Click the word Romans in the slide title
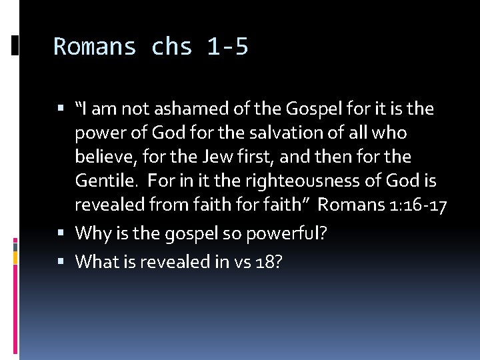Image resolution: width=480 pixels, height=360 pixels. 95,47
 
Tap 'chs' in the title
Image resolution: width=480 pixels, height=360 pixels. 172,47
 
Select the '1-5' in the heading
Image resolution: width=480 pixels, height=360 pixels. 227,47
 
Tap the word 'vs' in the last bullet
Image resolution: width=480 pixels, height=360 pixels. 239,262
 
